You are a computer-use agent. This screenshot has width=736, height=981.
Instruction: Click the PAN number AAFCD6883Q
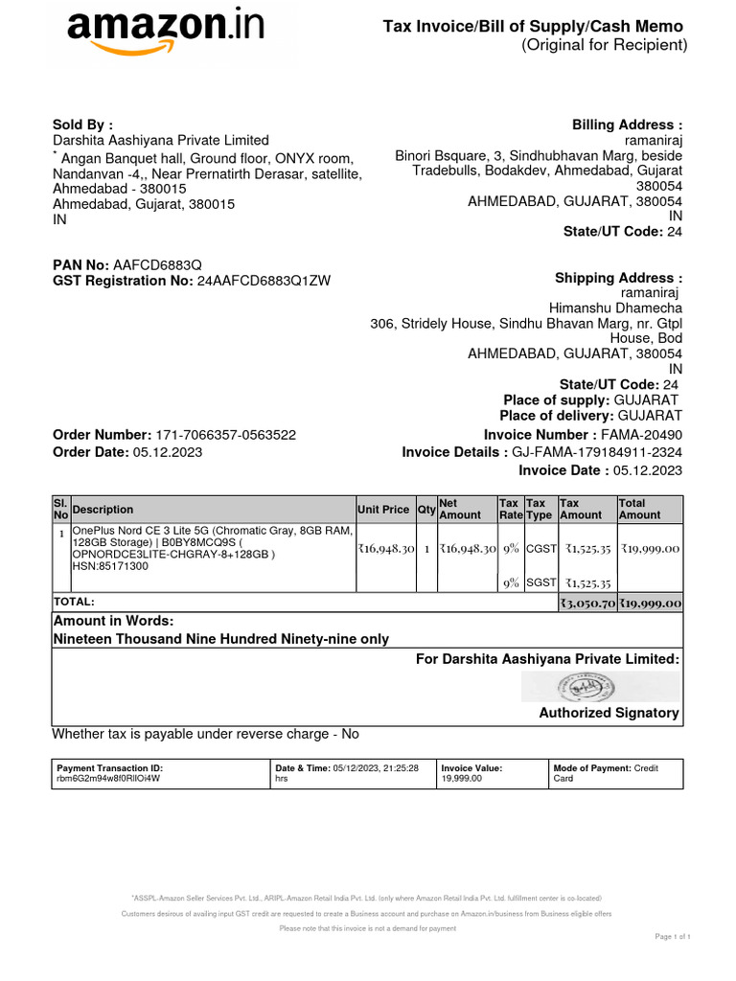click(157, 263)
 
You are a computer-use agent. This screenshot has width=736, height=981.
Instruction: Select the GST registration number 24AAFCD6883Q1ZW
click(264, 281)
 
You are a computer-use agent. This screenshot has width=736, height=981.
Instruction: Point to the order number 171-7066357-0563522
click(225, 434)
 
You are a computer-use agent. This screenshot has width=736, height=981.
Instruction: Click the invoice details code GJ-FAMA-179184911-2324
click(597, 452)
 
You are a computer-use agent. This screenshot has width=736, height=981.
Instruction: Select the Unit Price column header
click(383, 510)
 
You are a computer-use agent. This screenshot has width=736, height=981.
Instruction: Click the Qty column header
click(425, 510)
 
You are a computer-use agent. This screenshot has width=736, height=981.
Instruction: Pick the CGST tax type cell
click(540, 549)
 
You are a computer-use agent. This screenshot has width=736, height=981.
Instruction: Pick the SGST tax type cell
click(540, 582)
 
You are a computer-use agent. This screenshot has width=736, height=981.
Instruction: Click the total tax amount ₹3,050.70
click(586, 603)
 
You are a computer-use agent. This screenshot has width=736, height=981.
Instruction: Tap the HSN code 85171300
click(110, 566)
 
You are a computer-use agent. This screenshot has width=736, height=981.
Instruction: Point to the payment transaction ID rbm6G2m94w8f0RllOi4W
click(109, 780)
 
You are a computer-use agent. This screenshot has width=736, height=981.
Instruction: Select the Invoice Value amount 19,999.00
click(462, 780)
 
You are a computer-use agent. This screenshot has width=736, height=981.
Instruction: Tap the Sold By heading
click(82, 125)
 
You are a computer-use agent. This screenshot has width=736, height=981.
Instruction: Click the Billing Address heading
click(627, 125)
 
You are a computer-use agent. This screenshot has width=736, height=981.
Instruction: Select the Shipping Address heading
click(618, 278)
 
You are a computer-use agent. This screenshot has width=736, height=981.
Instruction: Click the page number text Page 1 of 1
click(673, 936)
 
